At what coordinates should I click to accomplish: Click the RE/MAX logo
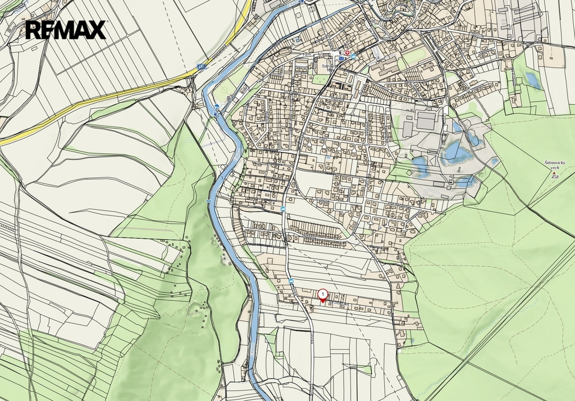coord(66,30)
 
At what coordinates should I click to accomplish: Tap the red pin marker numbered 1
coord(323,295)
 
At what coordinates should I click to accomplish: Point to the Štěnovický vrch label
coord(555,165)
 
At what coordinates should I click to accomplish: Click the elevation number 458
coord(555,177)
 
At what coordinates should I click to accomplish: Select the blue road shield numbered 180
coord(201,67)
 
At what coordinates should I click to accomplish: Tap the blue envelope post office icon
coord(341,57)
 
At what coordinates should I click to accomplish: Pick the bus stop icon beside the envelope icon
coord(353,57)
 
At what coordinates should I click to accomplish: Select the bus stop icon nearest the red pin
coord(291,281)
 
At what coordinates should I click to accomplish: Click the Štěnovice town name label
coord(328,66)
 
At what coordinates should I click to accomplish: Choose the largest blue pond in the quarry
coord(456,152)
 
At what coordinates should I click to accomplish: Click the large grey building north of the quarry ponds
coord(427,120)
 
